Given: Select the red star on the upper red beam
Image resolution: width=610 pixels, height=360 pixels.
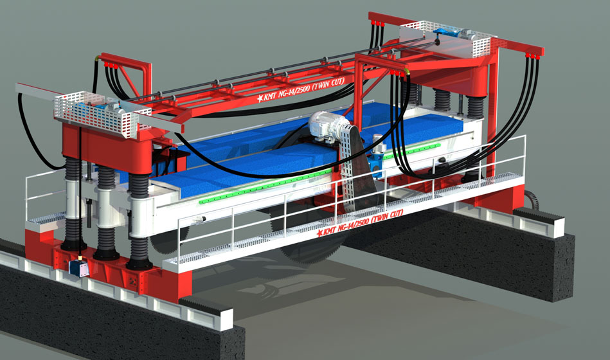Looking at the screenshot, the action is tap(260, 99).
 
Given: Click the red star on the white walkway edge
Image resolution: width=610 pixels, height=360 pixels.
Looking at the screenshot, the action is tap(319, 233).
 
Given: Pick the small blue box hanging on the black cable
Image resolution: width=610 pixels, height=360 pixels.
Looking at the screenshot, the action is tap(78, 268).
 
